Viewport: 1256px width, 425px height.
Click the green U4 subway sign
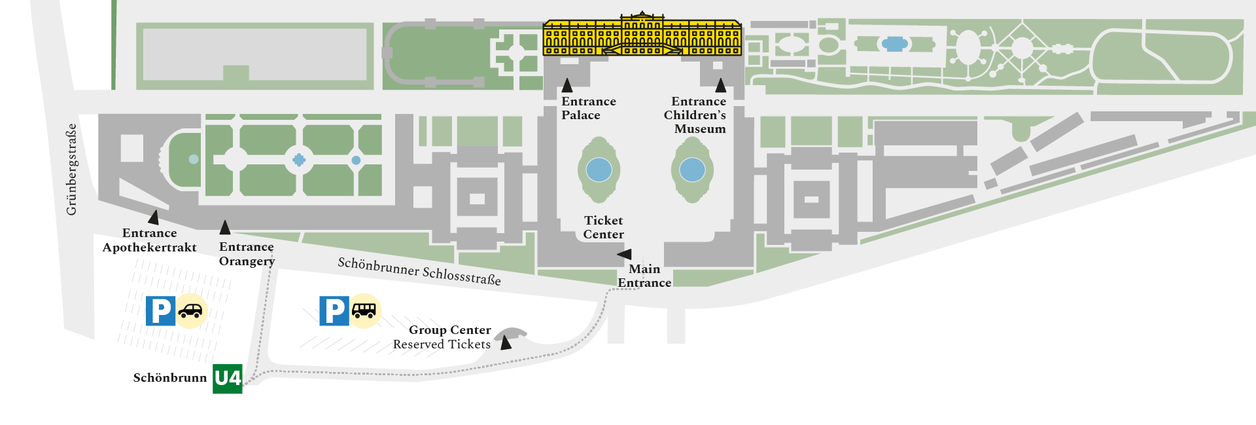[228, 379]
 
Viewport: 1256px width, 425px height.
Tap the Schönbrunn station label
[169, 378]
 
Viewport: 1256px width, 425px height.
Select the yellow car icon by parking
[191, 310]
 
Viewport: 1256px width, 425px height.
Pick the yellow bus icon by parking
[364, 310]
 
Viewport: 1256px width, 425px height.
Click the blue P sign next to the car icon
[160, 311]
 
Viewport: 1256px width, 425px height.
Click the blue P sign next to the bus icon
[334, 310]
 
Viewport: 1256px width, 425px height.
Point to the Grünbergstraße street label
[71, 169]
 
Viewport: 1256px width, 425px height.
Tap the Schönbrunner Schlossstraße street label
[419, 271]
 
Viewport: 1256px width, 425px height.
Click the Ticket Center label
[603, 227]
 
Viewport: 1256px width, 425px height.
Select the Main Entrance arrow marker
[625, 254]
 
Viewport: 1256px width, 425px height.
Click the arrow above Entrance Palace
[567, 85]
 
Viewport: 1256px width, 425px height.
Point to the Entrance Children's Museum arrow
[720, 85]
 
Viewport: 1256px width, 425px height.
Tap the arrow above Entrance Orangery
[225, 227]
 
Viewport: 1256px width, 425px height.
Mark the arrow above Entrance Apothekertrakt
[154, 217]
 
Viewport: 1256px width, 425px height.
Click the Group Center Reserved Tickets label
[442, 337]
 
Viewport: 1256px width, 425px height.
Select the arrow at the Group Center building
[506, 342]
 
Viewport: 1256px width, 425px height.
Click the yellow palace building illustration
[642, 37]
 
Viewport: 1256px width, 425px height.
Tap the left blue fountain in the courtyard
[599, 170]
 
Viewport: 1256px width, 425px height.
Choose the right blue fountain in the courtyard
[692, 170]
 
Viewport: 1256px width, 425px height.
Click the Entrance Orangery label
[247, 254]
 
